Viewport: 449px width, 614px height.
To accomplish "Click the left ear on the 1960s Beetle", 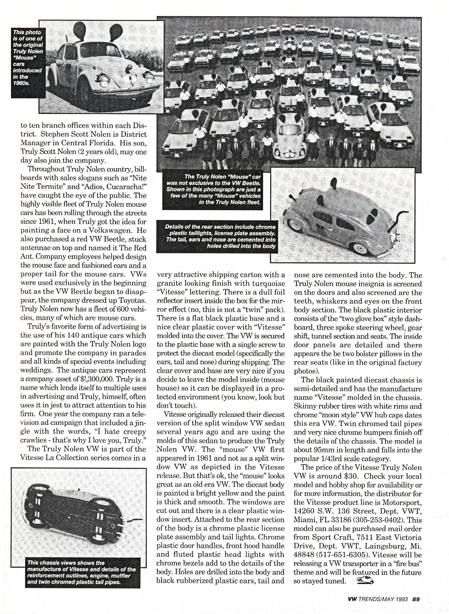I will (x=78, y=29).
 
